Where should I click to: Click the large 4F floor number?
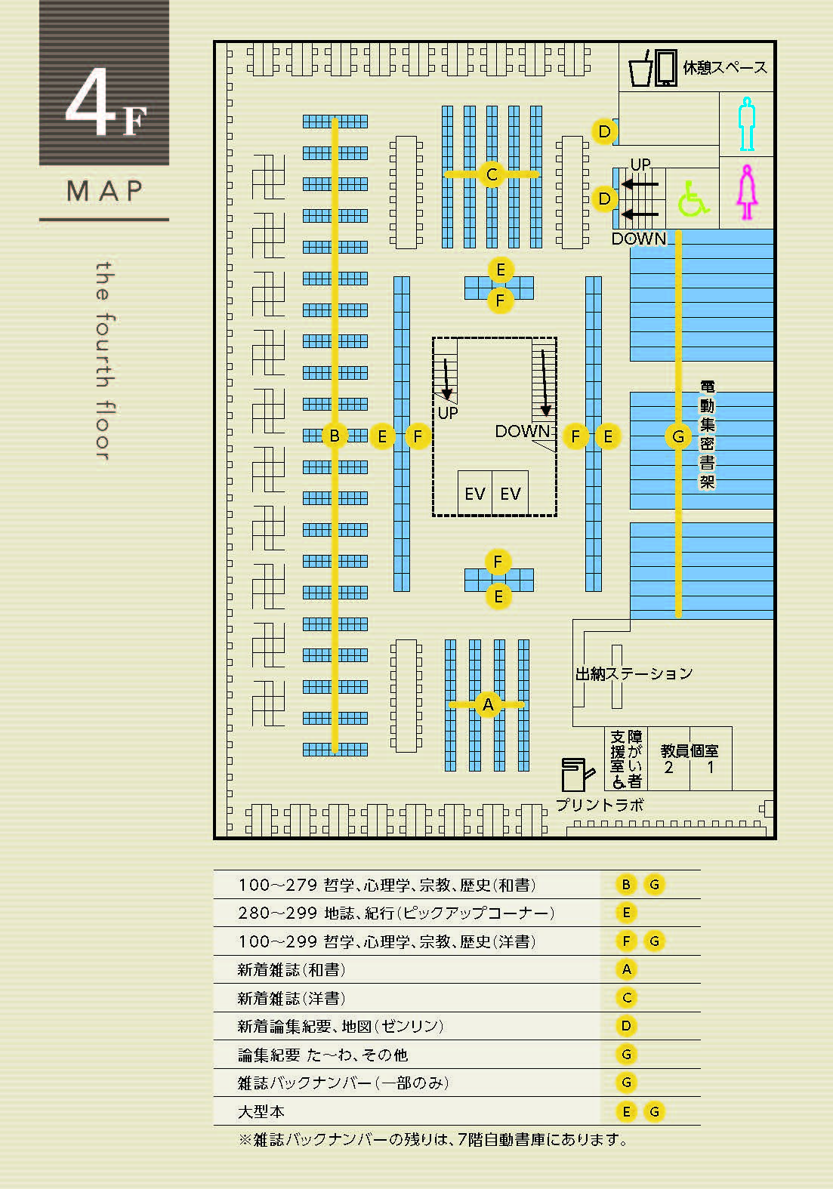coord(105,103)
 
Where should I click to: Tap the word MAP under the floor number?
coord(104,190)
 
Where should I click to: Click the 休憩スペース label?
coord(725,67)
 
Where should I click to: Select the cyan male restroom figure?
coord(747,124)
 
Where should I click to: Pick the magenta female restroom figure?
coord(747,192)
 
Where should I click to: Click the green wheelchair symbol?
coord(693,199)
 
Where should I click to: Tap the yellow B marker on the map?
coord(335,436)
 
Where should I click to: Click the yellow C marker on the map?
coord(492,174)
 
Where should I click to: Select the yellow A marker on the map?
coord(488,705)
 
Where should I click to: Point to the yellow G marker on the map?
coord(678,436)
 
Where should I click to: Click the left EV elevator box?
coord(474,492)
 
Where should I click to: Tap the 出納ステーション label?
coord(634,673)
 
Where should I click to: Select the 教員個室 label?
coord(689,750)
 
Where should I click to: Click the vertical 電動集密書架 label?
coord(707,434)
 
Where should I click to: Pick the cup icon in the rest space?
coord(640,69)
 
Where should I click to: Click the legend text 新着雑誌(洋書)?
coord(292,999)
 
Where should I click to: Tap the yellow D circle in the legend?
coord(627,1026)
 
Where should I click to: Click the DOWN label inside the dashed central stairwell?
coord(523,431)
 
